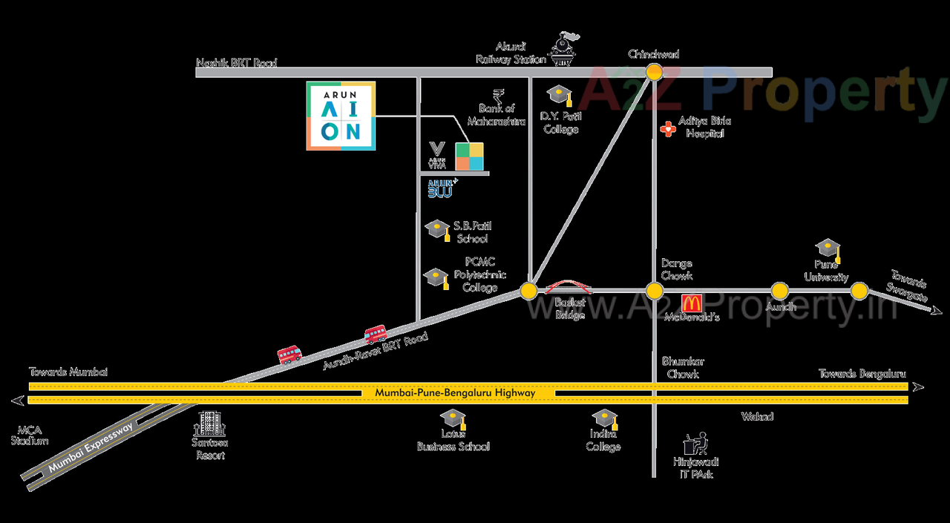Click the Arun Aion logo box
pyautogui.click(x=341, y=116)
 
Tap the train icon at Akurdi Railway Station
pyautogui.click(x=565, y=50)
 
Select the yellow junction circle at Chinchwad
pyautogui.click(x=654, y=72)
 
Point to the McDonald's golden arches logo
pyautogui.click(x=692, y=303)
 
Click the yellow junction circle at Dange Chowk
pyautogui.click(x=654, y=291)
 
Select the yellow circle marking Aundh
pyautogui.click(x=779, y=291)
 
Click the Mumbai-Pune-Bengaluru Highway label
pyautogui.click(x=455, y=393)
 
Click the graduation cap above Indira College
pyautogui.click(x=603, y=419)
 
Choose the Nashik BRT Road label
pyautogui.click(x=236, y=64)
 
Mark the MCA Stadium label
pyautogui.click(x=30, y=435)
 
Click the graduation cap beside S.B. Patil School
pyautogui.click(x=436, y=229)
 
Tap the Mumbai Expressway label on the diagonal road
pyautogui.click(x=90, y=450)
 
